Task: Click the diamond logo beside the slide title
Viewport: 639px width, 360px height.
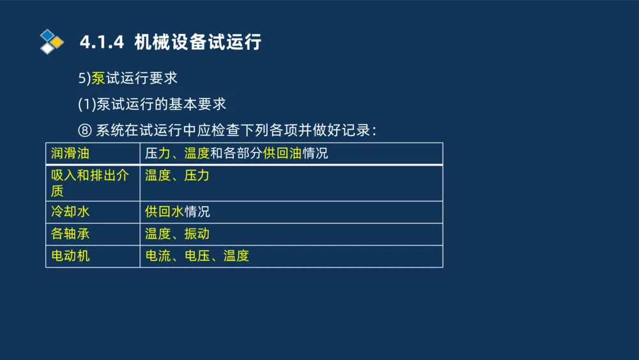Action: coord(52,42)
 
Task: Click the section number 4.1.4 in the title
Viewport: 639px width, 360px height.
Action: coord(101,43)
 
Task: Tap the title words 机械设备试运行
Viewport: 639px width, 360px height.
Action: coord(198,43)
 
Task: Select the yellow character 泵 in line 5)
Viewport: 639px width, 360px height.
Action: coord(98,79)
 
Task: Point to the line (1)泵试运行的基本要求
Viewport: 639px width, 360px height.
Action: coord(152,104)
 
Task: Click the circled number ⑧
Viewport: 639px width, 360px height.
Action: coord(85,130)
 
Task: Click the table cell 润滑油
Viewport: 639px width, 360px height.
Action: coord(70,153)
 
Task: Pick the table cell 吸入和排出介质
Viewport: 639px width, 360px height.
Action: coord(89,183)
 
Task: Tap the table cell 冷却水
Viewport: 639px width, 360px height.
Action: coord(70,212)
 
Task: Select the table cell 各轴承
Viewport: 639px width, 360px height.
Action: coord(70,234)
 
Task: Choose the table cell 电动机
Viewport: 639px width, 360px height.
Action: coord(70,256)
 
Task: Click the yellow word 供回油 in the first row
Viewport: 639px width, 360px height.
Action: coord(282,153)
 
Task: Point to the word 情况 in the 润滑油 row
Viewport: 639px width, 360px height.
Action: coord(315,153)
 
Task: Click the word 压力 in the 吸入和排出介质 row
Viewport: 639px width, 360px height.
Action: coord(197,175)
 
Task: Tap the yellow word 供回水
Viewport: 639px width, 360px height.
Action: coord(164,212)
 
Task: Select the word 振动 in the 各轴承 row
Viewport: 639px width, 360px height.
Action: coord(197,234)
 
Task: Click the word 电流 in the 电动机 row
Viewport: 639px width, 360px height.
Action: coord(158,256)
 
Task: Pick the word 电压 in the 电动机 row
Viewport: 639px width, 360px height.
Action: coord(197,256)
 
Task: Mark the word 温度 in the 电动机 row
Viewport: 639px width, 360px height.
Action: coord(236,256)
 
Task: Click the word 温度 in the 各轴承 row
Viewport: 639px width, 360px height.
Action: coord(158,234)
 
